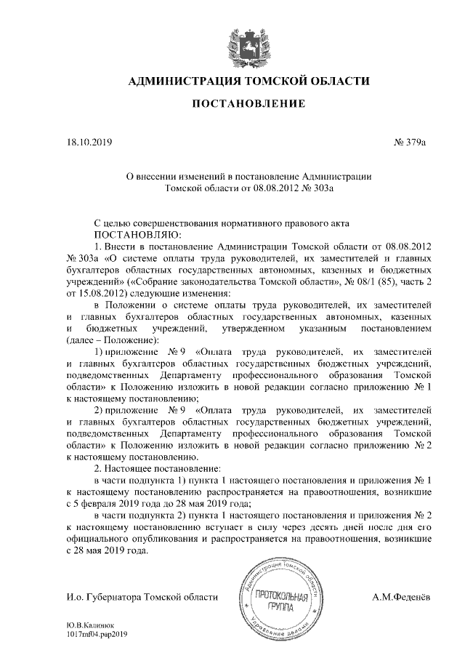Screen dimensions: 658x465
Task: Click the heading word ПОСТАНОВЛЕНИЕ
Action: tap(246, 105)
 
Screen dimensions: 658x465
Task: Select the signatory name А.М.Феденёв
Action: tap(400, 597)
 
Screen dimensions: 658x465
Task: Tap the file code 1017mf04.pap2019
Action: tap(97, 635)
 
